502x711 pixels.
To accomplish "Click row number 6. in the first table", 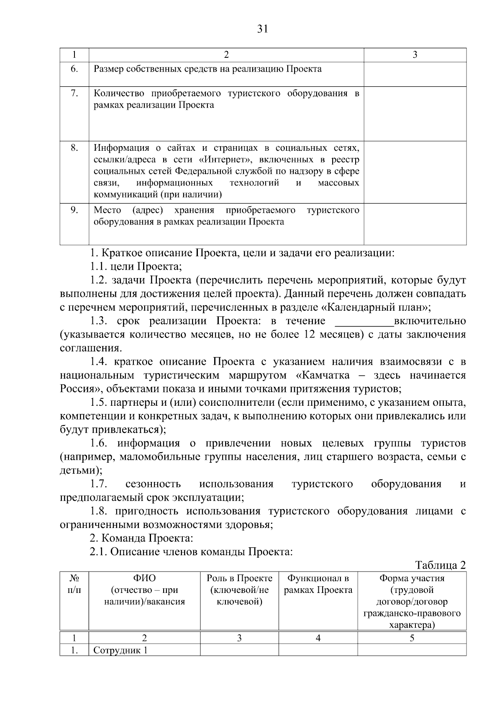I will pyautogui.click(x=74, y=69).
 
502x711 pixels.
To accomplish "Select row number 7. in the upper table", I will pyautogui.click(x=74, y=93).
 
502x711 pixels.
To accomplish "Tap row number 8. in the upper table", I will pyautogui.click(x=74, y=148).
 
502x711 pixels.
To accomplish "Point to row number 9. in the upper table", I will pyautogui.click(x=74, y=210).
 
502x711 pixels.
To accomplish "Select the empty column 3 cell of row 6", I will pyautogui.click(x=415, y=74).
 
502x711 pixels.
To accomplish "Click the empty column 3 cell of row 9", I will pyautogui.click(x=415, y=224).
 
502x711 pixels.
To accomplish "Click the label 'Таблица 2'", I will pyautogui.click(x=441, y=565).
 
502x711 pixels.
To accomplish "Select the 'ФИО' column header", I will pyautogui.click(x=144, y=590).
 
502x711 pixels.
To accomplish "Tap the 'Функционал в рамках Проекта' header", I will pyautogui.click(x=318, y=584).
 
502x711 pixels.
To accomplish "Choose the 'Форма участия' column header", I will pyautogui.click(x=412, y=578).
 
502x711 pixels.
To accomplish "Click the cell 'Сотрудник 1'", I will pyautogui.click(x=120, y=650).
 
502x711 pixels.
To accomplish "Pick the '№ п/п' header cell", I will pyautogui.click(x=74, y=584).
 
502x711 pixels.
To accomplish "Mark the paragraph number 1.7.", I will pyautogui.click(x=99, y=484).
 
